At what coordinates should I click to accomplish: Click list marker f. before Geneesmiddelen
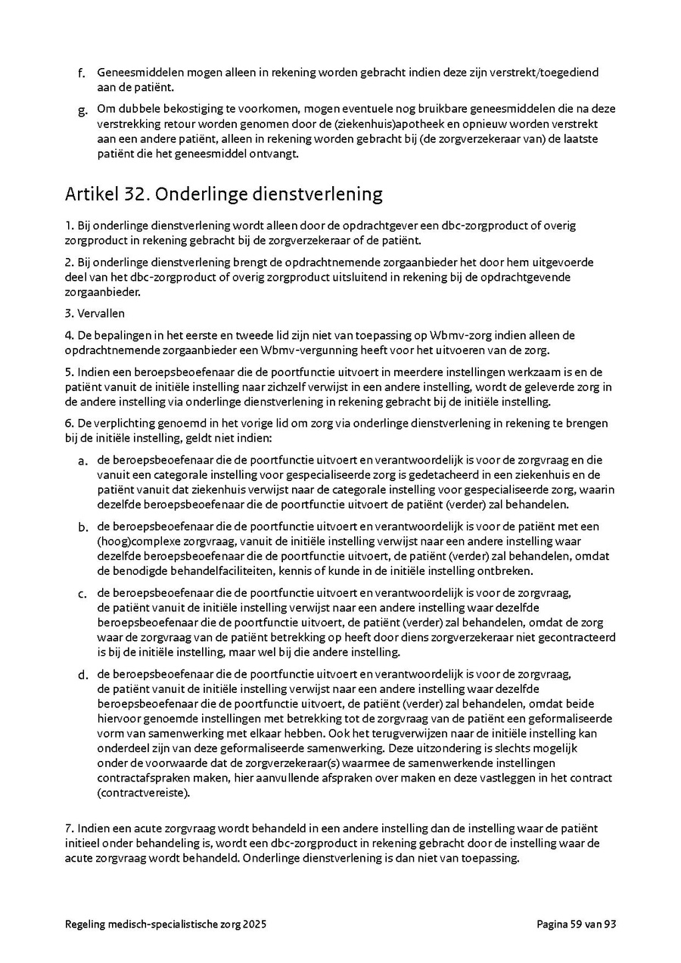[x=82, y=73]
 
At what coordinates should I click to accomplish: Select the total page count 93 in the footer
[x=610, y=924]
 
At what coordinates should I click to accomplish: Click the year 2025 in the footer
[x=253, y=924]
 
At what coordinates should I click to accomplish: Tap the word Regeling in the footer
[x=86, y=924]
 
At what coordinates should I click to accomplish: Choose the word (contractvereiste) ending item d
[x=144, y=794]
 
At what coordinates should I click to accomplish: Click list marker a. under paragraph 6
[x=82, y=461]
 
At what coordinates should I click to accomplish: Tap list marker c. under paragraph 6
[x=82, y=593]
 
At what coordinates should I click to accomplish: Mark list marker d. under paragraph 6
[x=82, y=675]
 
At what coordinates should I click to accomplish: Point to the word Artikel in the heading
[x=88, y=194]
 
